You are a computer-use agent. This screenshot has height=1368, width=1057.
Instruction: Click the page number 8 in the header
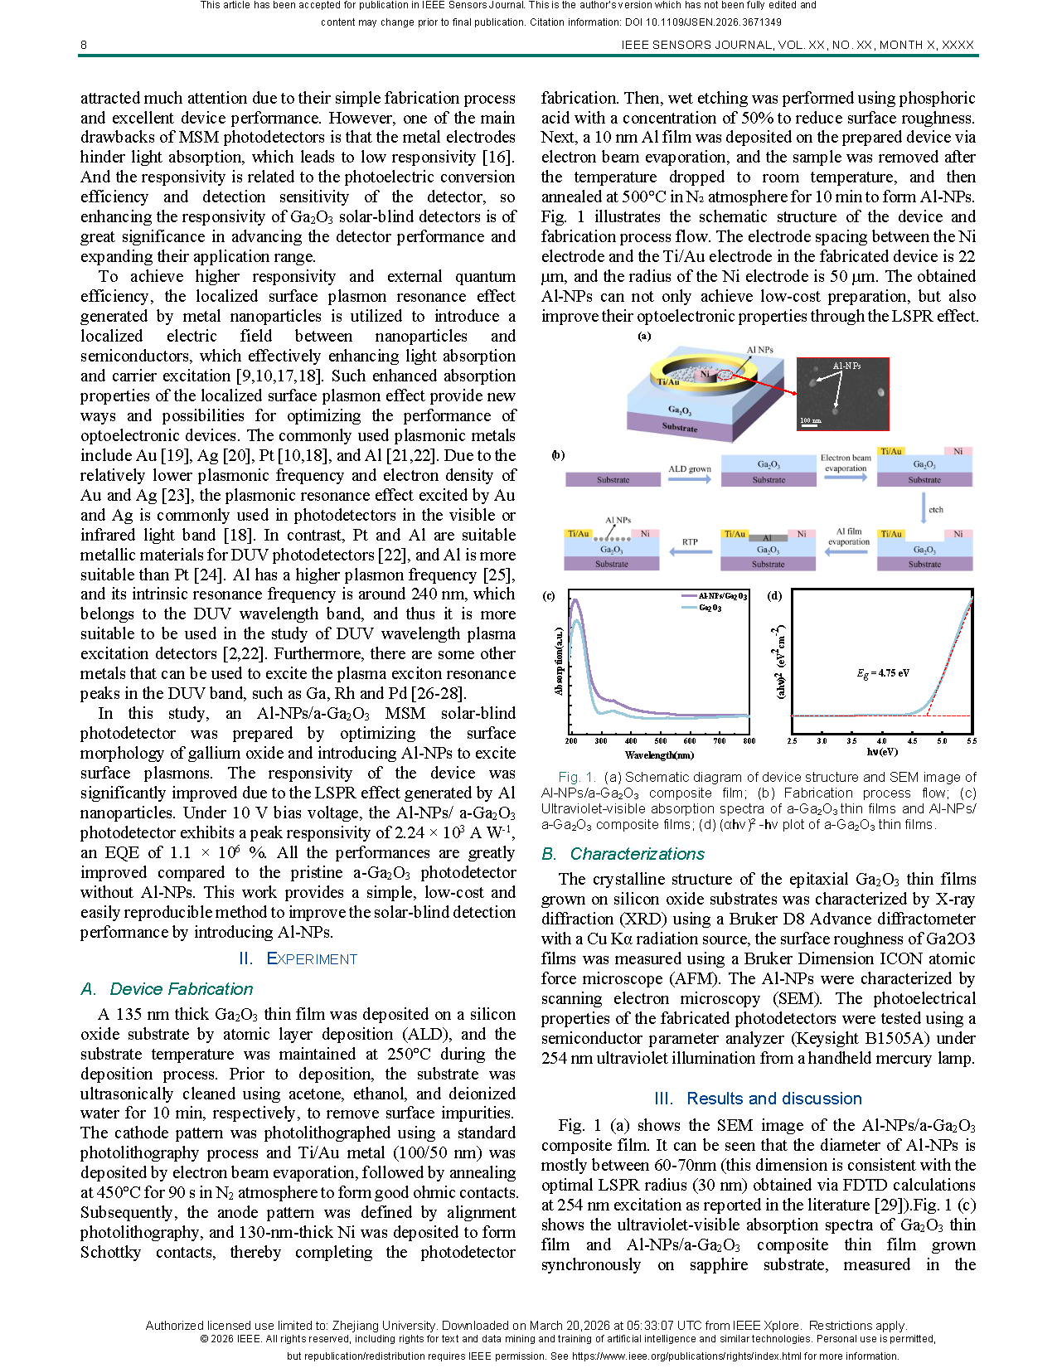pos(84,45)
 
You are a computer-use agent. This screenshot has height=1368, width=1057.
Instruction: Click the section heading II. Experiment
pos(298,959)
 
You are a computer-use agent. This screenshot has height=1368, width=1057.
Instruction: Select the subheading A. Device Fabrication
pos(167,989)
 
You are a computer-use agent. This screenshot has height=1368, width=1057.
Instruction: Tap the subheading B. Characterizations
pos(623,854)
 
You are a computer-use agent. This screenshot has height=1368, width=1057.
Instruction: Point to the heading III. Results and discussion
pos(758,1099)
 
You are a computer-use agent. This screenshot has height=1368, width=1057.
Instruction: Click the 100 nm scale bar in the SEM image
pos(811,422)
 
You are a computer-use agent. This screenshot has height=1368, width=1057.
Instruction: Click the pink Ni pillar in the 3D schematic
pos(705,375)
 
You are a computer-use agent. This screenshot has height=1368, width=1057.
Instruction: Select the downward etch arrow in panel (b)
pos(924,508)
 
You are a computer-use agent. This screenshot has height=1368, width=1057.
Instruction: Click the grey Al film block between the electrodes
pos(769,538)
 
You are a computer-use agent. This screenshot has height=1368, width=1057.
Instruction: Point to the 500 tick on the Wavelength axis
pos(661,741)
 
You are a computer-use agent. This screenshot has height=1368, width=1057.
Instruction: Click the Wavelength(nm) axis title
pos(659,755)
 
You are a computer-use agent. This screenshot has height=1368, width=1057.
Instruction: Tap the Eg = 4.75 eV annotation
pos(883,673)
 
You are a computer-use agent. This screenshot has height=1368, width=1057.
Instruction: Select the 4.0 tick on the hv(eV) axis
pos(881,741)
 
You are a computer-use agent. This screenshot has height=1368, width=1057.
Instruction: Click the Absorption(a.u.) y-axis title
pos(560,662)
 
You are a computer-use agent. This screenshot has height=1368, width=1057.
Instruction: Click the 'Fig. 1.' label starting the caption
pos(577,778)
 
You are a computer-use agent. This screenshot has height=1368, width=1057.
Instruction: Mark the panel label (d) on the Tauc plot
pos(774,595)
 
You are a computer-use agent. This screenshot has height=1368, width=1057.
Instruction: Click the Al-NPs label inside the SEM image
pos(846,366)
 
